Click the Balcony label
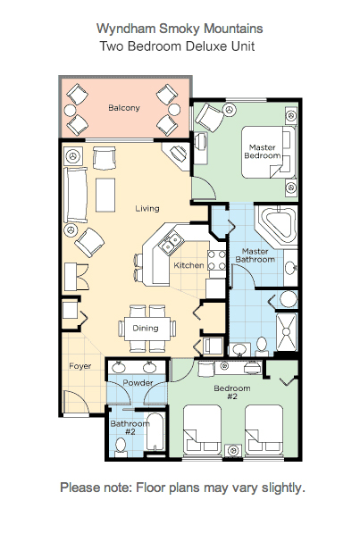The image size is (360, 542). [x=124, y=107]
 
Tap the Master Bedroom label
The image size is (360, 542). [x=263, y=152]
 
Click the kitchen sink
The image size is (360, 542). [x=172, y=243]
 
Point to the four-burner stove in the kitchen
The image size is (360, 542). [x=217, y=261]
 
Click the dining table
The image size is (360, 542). [x=147, y=328]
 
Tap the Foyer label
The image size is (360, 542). [x=80, y=366]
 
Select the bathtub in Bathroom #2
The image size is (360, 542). [x=155, y=432]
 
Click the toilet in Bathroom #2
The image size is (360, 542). [x=121, y=446]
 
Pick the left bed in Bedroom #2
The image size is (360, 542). [x=202, y=430]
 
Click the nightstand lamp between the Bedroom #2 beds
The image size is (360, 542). [x=233, y=451]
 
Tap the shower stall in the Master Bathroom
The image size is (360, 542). [x=287, y=331]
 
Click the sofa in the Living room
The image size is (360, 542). [x=76, y=195]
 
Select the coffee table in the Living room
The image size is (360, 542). [x=105, y=195]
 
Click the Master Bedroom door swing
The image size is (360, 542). [x=205, y=188]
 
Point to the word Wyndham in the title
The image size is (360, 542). [x=126, y=29]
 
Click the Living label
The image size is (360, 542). [x=147, y=208]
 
